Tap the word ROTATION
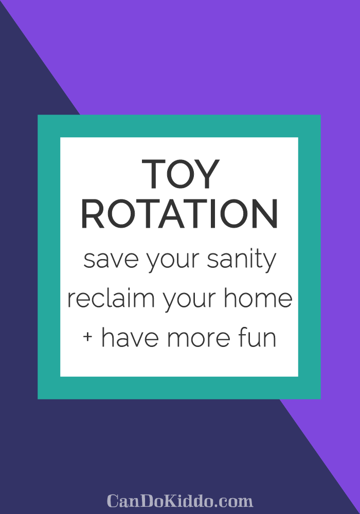pos(179,215)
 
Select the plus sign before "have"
pos(88,338)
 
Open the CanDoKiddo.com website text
pos(179,500)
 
